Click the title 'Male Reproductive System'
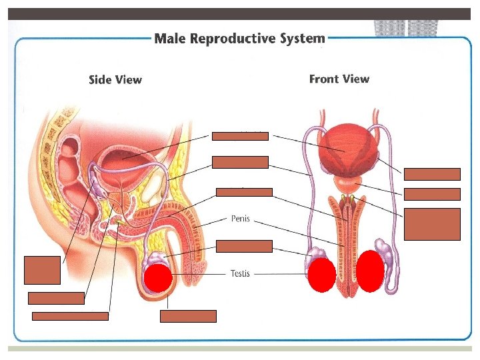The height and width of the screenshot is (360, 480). click(x=239, y=39)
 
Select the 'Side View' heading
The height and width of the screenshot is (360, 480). click(x=115, y=80)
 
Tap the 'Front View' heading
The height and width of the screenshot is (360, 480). click(x=339, y=79)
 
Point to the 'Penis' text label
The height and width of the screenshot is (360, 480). click(x=240, y=218)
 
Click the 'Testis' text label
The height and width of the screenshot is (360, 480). click(x=240, y=273)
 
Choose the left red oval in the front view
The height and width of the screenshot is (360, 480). click(x=322, y=275)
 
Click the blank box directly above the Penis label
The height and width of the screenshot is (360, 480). click(x=244, y=192)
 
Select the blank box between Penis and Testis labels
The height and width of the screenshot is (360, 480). click(x=244, y=246)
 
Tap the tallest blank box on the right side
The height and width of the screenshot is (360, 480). click(x=432, y=223)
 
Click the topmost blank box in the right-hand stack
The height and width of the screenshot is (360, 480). click(x=432, y=175)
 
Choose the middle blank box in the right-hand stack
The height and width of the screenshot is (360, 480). click(x=432, y=194)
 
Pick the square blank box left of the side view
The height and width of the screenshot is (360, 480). click(x=42, y=269)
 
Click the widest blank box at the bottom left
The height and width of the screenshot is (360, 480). click(x=70, y=316)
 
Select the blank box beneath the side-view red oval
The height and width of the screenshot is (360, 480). click(x=188, y=316)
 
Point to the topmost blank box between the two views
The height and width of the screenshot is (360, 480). click(x=240, y=137)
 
